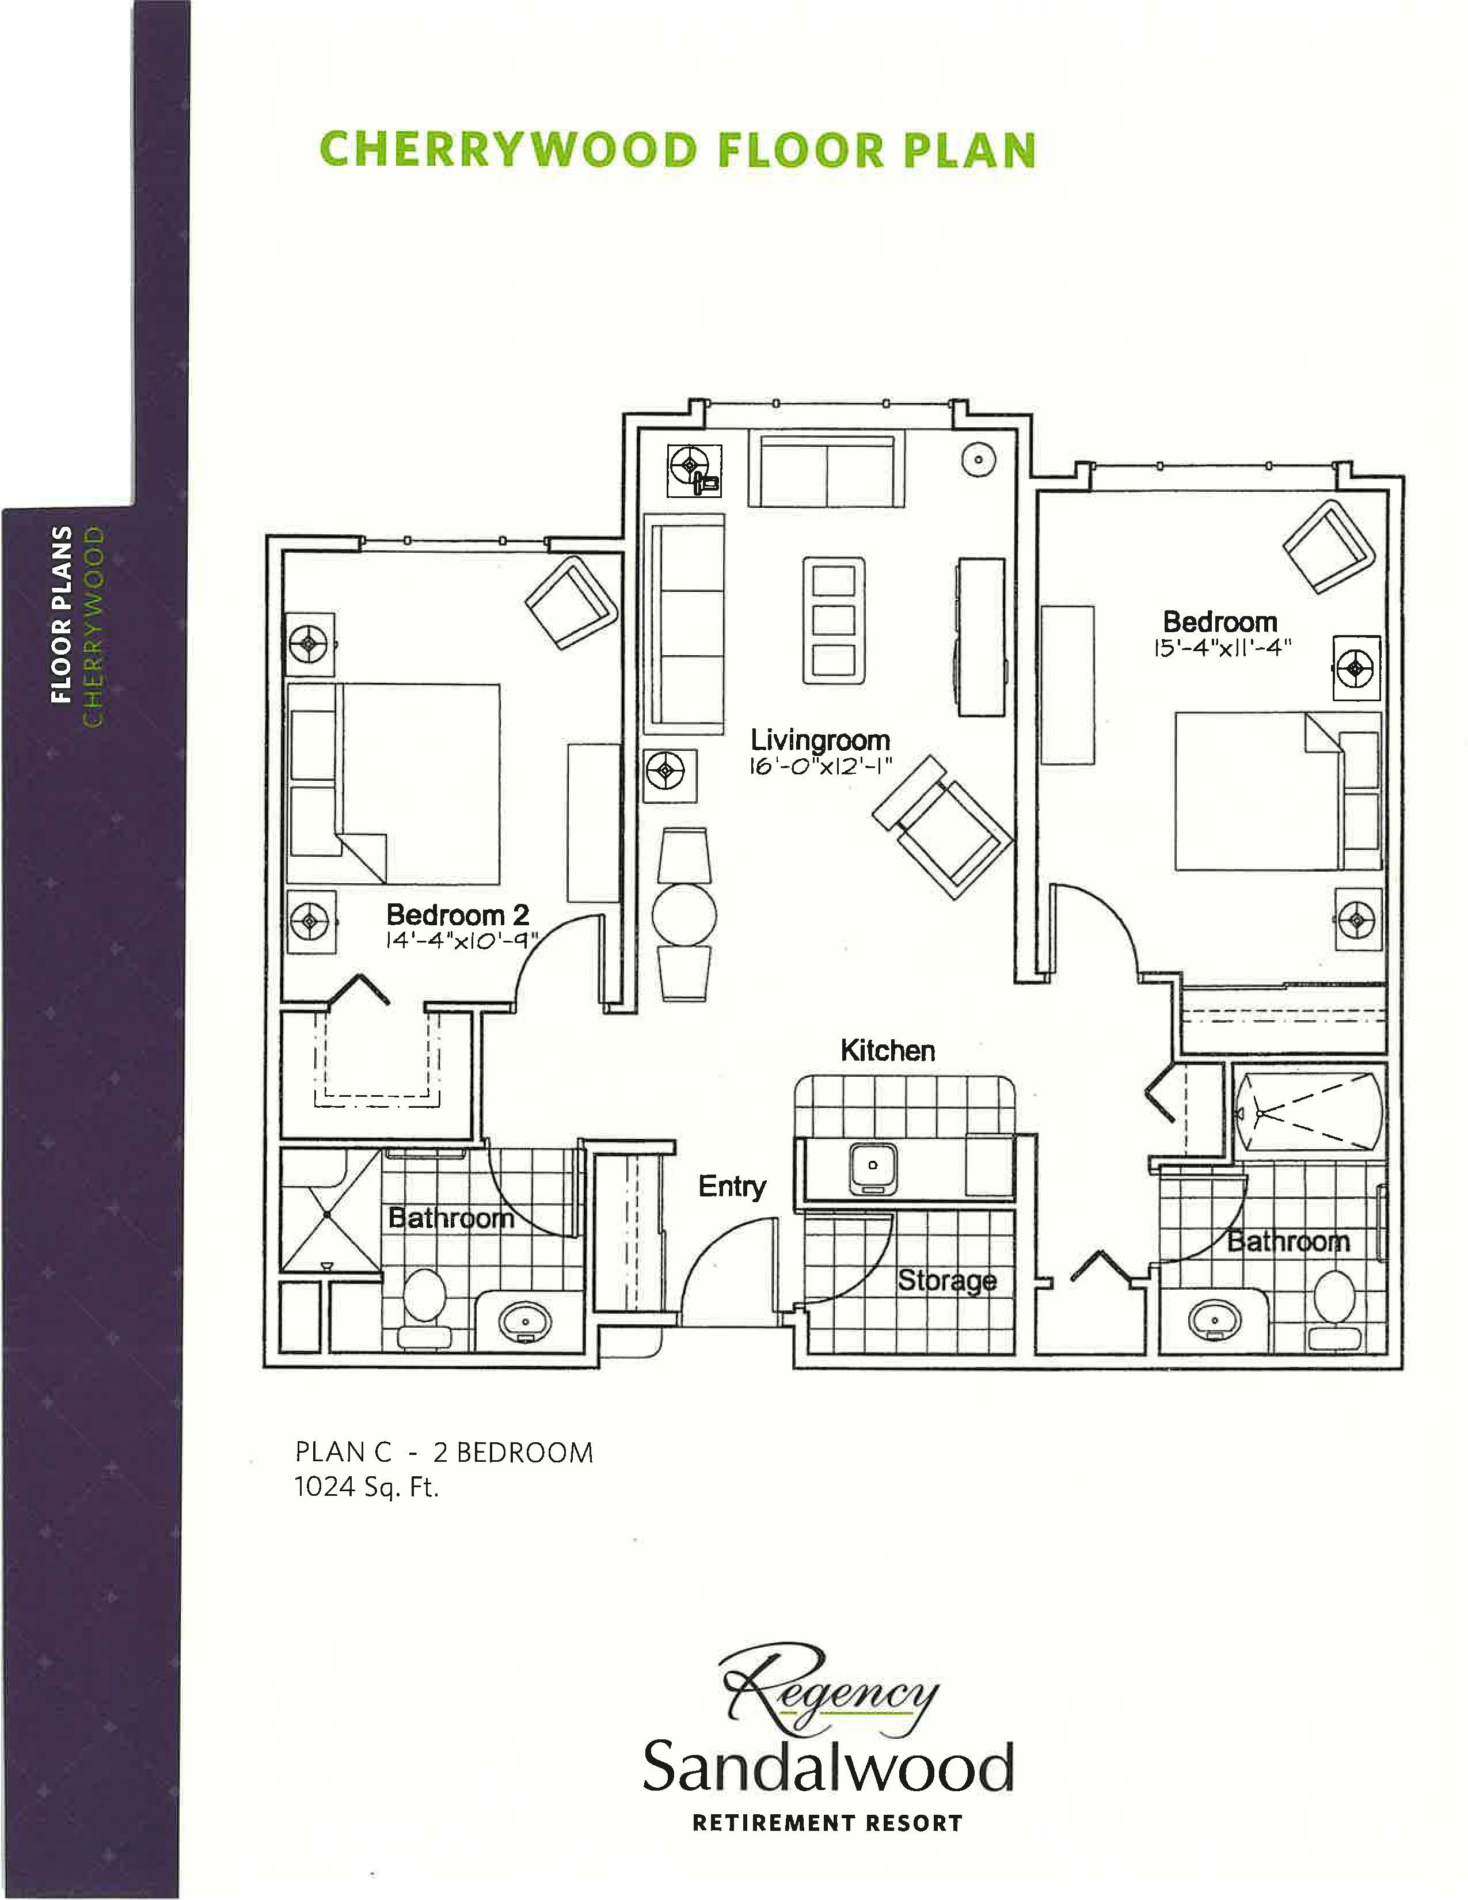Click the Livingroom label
820,740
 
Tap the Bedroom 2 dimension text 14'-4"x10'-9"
462,940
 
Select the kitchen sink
872,1166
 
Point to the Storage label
947,1280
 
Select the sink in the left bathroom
524,1323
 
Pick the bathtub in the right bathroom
1309,1113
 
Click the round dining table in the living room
684,915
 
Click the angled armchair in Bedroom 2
571,602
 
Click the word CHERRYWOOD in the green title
509,150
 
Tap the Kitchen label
887,1050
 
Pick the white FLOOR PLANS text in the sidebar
61,614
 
